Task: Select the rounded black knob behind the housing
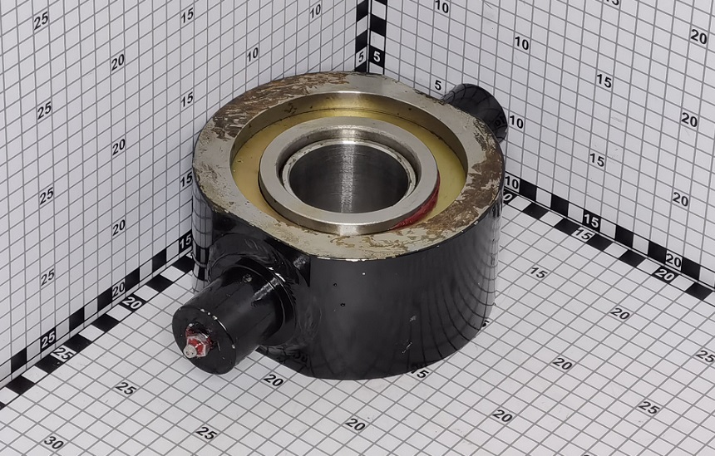(x=479, y=110)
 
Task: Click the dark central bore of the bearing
(x=349, y=178)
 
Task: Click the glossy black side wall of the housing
(x=402, y=310)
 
